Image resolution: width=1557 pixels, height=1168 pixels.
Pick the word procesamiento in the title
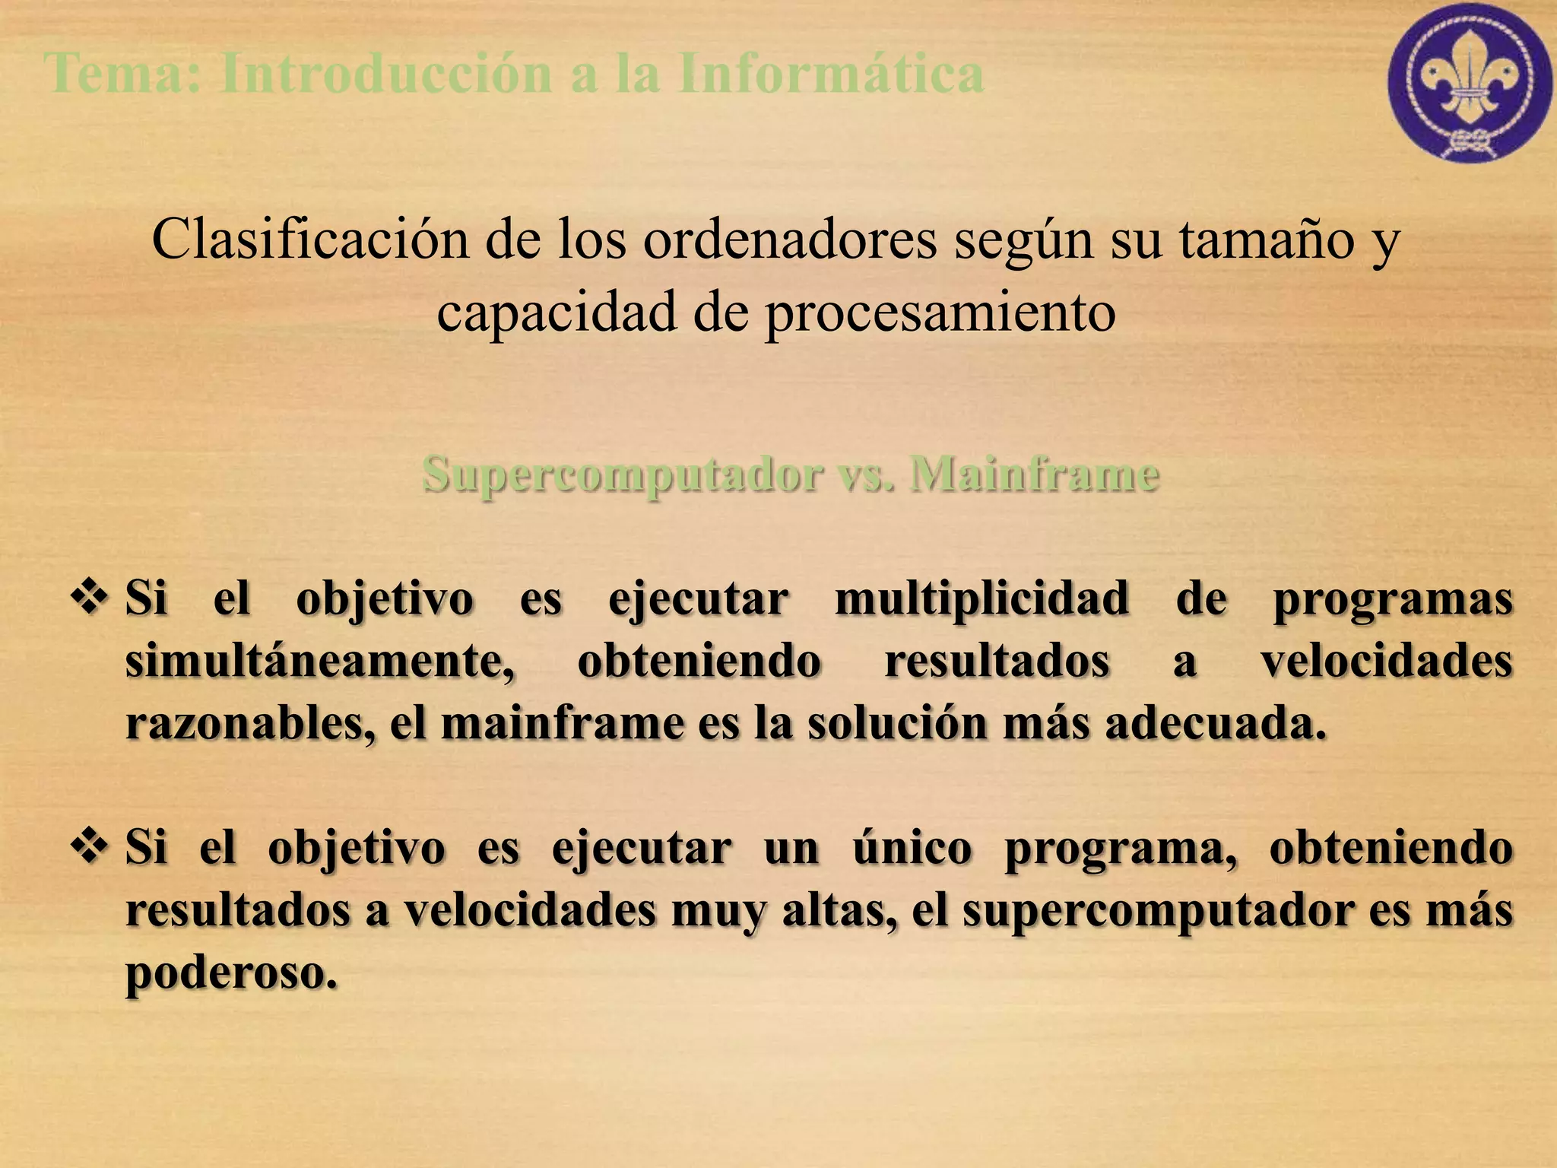pyautogui.click(x=940, y=313)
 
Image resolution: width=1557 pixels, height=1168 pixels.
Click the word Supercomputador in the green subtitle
pyautogui.click(x=623, y=474)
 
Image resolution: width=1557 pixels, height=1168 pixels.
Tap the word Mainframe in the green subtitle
pyautogui.click(x=1035, y=474)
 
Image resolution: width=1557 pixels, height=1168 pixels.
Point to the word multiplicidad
pyautogui.click(x=981, y=598)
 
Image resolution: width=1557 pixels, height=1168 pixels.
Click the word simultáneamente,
pyautogui.click(x=320, y=661)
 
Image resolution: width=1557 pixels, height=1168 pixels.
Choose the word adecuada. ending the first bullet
pyautogui.click(x=1216, y=723)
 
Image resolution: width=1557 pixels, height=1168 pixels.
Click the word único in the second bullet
pyautogui.click(x=912, y=848)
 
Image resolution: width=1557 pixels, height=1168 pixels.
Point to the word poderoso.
pyautogui.click(x=231, y=973)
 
